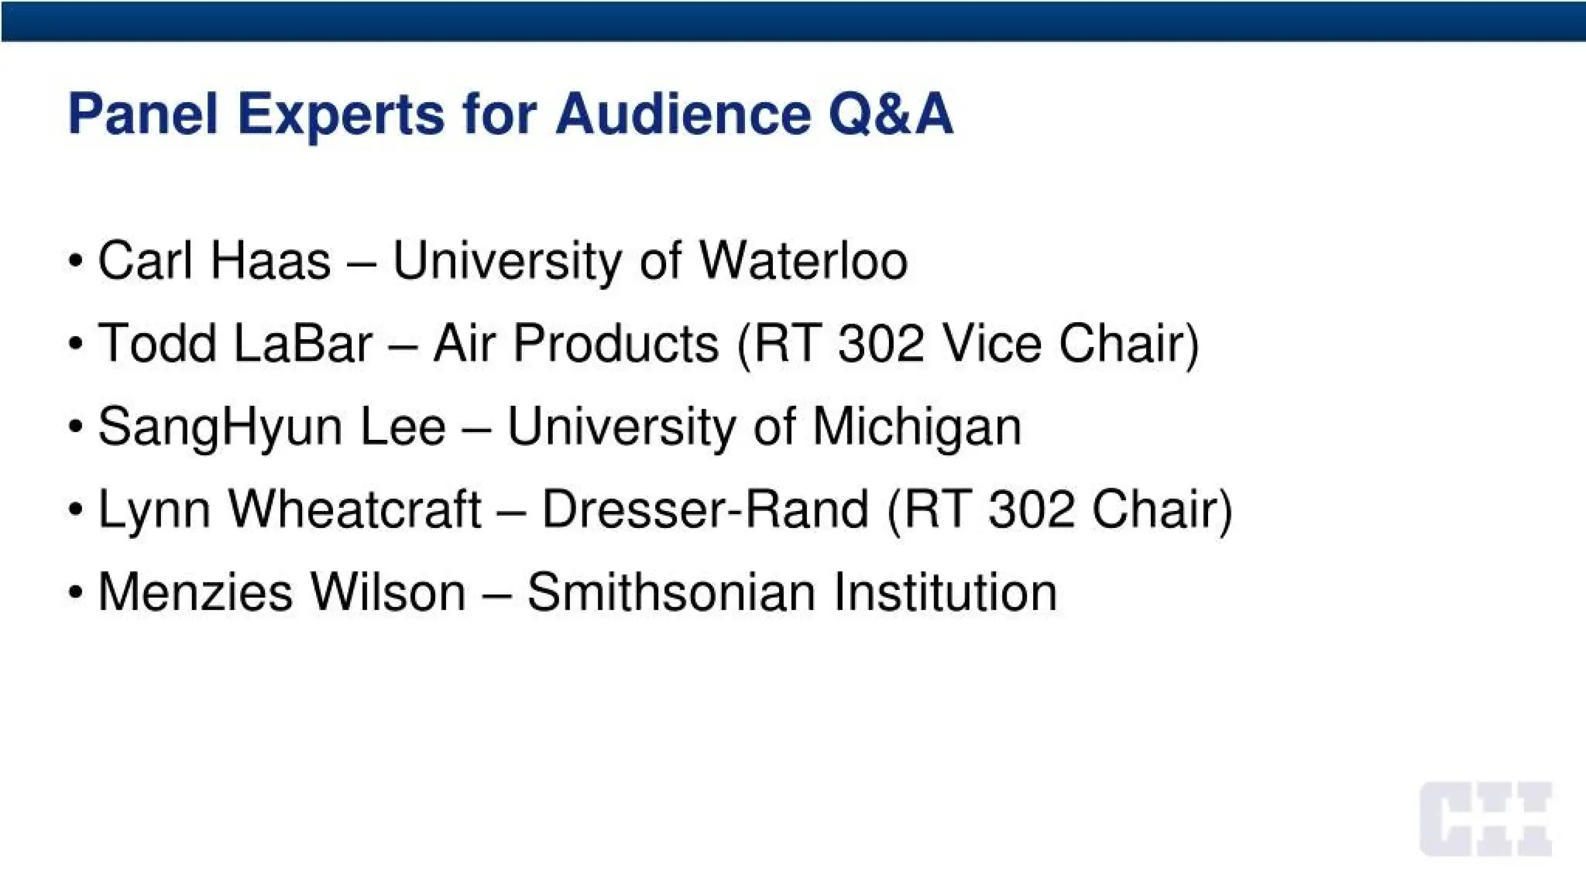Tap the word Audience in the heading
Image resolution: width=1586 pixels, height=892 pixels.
pyautogui.click(x=682, y=115)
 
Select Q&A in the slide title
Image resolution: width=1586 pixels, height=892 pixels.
pyautogui.click(x=891, y=115)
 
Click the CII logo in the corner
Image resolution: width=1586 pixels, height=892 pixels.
pyautogui.click(x=1485, y=819)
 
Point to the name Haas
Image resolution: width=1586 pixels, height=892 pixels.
pyautogui.click(x=270, y=260)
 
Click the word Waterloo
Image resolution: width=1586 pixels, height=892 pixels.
pyautogui.click(x=803, y=260)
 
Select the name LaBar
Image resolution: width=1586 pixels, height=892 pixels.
pyautogui.click(x=303, y=343)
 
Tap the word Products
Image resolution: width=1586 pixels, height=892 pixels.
pyautogui.click(x=616, y=343)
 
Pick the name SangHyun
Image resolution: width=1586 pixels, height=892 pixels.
pyautogui.click(x=220, y=427)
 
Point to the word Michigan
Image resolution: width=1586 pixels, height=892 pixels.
pyautogui.click(x=917, y=427)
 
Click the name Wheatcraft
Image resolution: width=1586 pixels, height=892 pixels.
pyautogui.click(x=355, y=509)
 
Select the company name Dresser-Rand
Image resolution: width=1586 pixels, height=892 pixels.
pyautogui.click(x=705, y=509)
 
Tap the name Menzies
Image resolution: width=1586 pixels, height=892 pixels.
pyautogui.click(x=195, y=592)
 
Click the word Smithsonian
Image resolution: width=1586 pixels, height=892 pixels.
pyautogui.click(x=671, y=592)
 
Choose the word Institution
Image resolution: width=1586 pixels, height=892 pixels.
pyautogui.click(x=945, y=592)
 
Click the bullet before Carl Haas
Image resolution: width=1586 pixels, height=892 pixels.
pyautogui.click(x=75, y=261)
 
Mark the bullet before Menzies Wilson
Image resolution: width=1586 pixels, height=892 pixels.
pyautogui.click(x=75, y=593)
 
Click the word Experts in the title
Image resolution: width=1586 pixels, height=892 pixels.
pyautogui.click(x=341, y=115)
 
